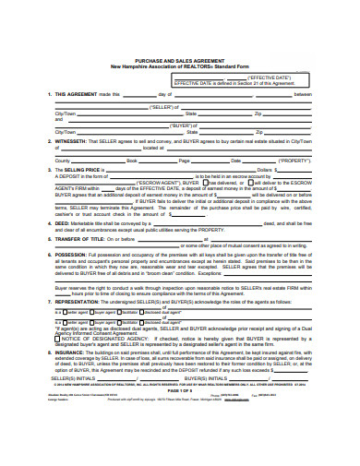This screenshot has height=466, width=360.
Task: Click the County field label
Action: [x=63, y=160]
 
